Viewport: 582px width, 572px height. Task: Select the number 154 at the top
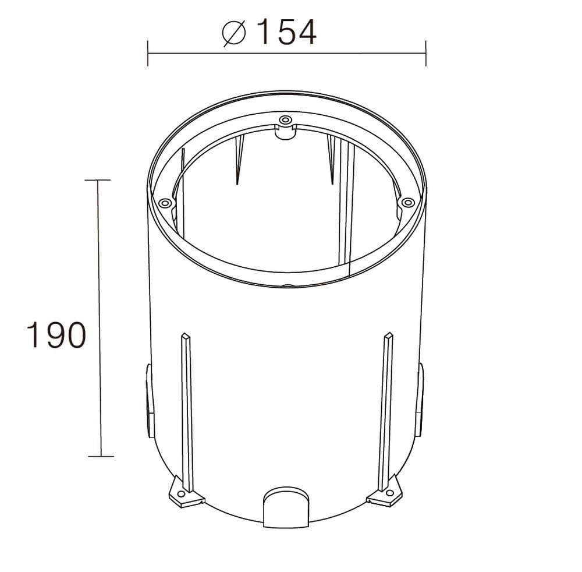click(x=286, y=32)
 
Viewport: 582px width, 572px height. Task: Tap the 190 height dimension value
click(x=56, y=335)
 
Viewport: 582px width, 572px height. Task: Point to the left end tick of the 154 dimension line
click(x=148, y=54)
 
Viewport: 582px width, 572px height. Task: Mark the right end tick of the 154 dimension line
click(x=426, y=54)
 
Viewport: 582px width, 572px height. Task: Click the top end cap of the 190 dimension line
click(x=97, y=181)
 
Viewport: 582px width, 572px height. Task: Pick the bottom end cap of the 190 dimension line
click(x=100, y=456)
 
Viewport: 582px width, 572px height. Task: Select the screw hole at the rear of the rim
click(x=285, y=121)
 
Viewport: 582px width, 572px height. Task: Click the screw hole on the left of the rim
click(x=165, y=203)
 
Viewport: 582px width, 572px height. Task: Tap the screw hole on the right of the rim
click(x=408, y=202)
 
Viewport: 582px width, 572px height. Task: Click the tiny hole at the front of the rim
click(x=286, y=286)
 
